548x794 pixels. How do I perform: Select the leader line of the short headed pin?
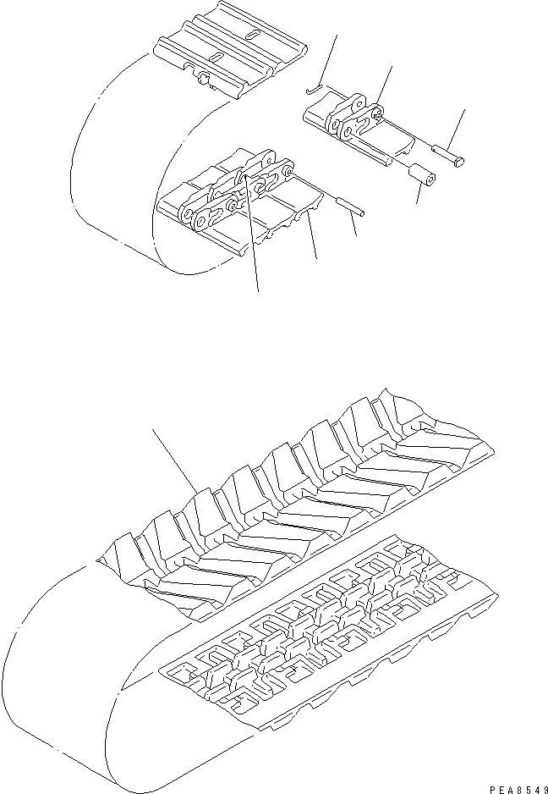456,127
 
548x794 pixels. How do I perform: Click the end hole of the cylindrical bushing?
430,179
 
